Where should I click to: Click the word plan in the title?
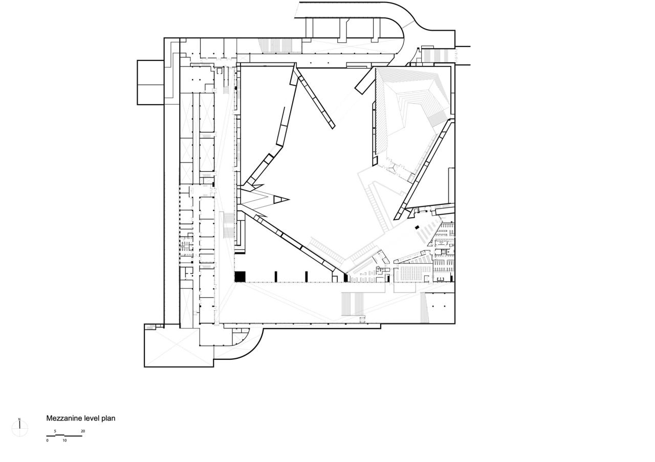pos(108,418)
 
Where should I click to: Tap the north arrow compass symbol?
pos(20,428)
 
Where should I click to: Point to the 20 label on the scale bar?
pos(83,431)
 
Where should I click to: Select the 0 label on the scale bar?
pos(47,440)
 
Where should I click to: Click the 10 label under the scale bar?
pos(64,440)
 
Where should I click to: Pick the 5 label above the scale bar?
pos(55,431)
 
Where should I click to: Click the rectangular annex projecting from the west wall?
pos(150,82)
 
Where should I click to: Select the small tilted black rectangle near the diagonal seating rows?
pos(417,227)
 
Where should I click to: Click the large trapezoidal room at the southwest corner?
pos(177,348)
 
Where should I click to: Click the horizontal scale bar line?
pos(64,435)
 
